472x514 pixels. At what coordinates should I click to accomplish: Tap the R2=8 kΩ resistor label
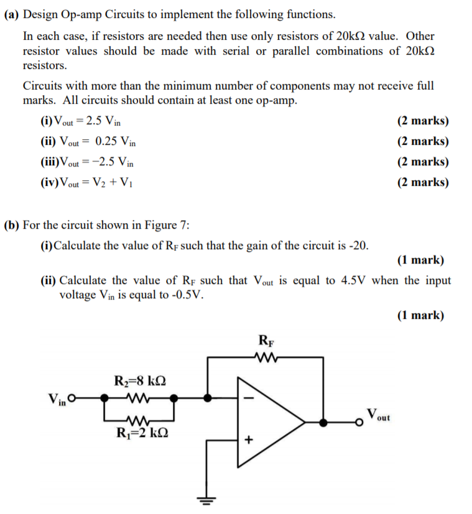(141, 380)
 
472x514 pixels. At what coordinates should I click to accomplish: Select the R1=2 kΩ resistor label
(141, 433)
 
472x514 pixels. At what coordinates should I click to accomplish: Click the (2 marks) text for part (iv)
(422, 182)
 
